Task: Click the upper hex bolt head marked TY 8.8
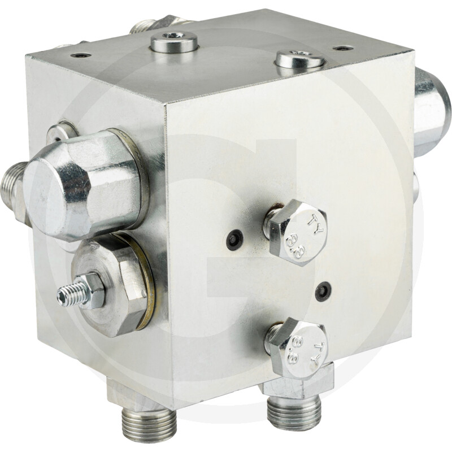pyautogui.click(x=298, y=232)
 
